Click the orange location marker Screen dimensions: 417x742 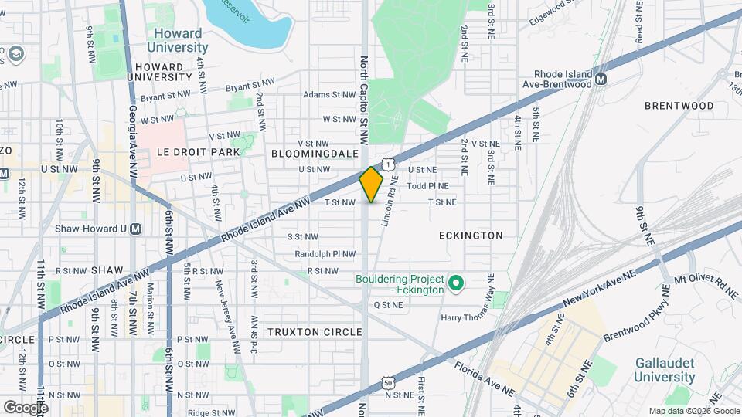coord(372,184)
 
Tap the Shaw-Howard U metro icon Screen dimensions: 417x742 coord(136,229)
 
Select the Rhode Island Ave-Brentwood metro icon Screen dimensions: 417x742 coord(601,79)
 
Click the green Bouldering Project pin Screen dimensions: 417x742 coord(456,283)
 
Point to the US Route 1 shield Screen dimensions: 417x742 coord(386,164)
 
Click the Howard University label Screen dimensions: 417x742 coord(177,40)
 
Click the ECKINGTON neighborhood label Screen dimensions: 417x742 coord(471,235)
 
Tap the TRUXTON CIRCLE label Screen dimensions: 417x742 coord(315,332)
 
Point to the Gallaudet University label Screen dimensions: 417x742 coord(665,369)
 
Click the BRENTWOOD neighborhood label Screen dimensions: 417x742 coord(679,105)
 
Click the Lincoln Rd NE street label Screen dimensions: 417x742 coord(389,201)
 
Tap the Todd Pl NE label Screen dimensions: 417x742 coord(427,185)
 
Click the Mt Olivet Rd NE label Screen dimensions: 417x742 coord(706,287)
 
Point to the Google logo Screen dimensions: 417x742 coord(25,407)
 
